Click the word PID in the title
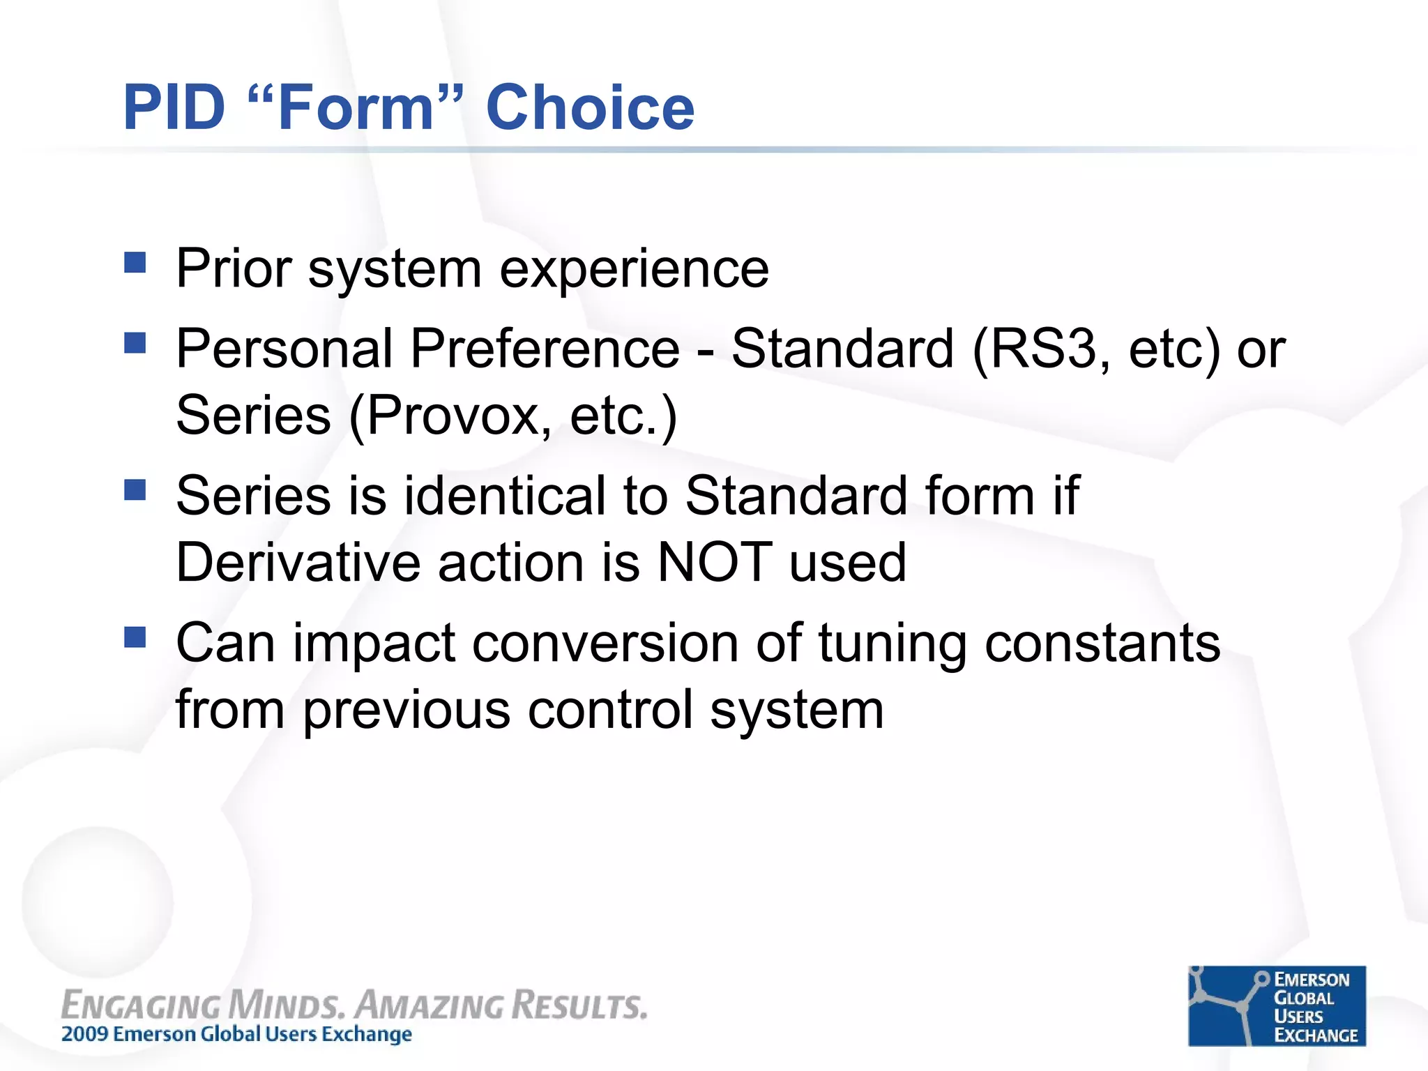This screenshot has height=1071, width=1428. pos(174,108)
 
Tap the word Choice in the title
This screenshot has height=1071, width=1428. pos(590,108)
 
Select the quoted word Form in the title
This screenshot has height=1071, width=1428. pos(356,108)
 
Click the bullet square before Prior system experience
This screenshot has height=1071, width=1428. pos(135,263)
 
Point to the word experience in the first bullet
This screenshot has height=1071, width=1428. pos(634,270)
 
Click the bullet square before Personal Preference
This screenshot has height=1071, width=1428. pos(135,343)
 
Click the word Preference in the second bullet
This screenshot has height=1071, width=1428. pos(545,349)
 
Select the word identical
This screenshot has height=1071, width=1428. pos(505,496)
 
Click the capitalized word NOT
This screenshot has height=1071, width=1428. pos(715,563)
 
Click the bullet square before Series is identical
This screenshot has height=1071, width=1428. pos(135,490)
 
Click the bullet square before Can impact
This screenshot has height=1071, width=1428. pos(135,637)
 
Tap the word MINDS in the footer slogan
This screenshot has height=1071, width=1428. pos(286,1005)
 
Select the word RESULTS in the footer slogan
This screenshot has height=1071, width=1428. pos(579,1005)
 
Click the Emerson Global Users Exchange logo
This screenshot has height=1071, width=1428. pos(1277,1005)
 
